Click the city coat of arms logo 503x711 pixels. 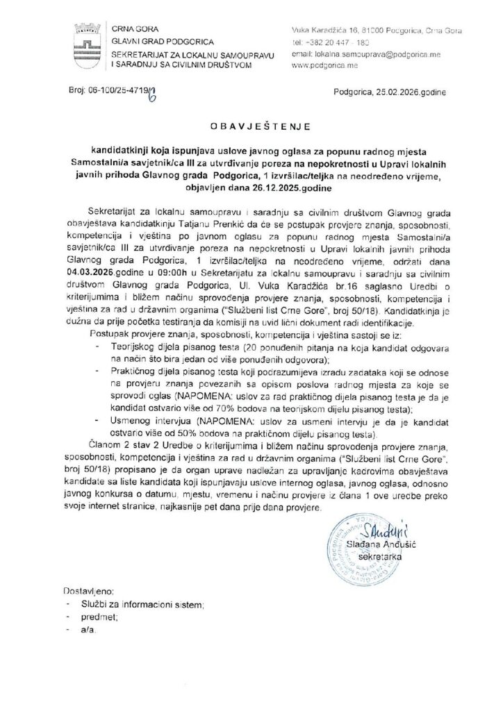click(x=86, y=44)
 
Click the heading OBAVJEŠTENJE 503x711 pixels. click(x=251, y=128)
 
